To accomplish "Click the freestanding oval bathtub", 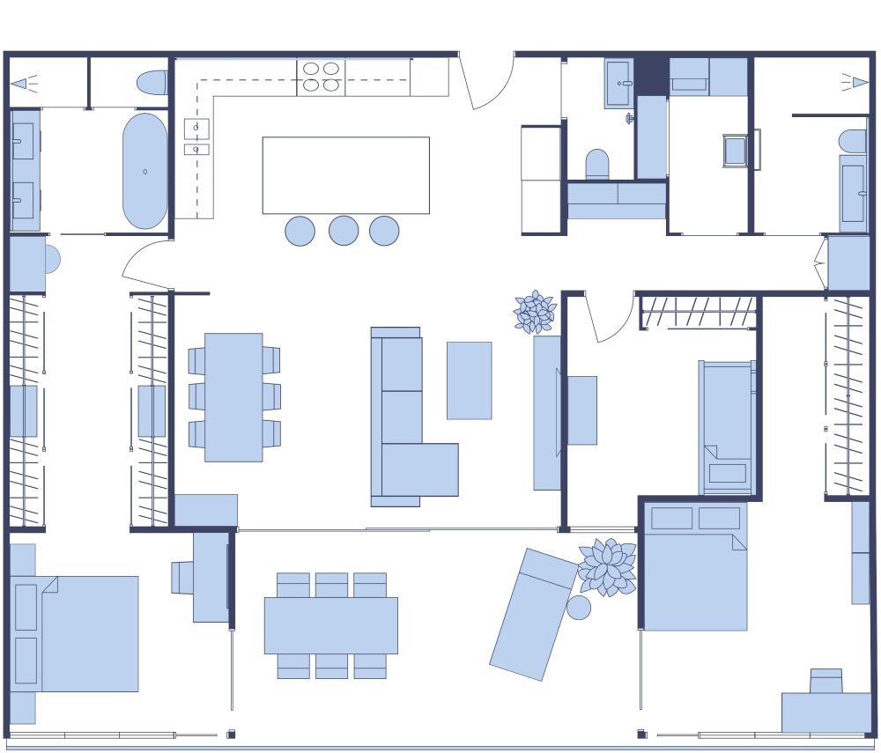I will pyautogui.click(x=144, y=171).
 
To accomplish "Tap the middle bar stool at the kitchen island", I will pyautogui.click(x=344, y=231).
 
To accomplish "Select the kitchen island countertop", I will pyautogui.click(x=345, y=175).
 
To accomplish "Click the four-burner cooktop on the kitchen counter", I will pyautogui.click(x=321, y=77).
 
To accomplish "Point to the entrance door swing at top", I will pyautogui.click(x=487, y=84).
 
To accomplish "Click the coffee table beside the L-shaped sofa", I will pyautogui.click(x=469, y=380).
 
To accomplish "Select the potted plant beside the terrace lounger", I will pyautogui.click(x=607, y=566).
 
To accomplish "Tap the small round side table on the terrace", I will pyautogui.click(x=579, y=608).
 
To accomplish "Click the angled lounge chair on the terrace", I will pyautogui.click(x=535, y=614).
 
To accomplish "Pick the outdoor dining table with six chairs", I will pyautogui.click(x=330, y=625).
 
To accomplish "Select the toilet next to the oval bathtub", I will pyautogui.click(x=152, y=82).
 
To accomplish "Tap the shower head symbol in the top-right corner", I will pyautogui.click(x=856, y=83).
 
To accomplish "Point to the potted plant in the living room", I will pyautogui.click(x=535, y=313).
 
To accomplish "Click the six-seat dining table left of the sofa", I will pyautogui.click(x=233, y=396).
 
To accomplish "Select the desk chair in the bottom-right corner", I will pyautogui.click(x=825, y=681).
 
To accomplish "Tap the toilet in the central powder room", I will pyautogui.click(x=597, y=164).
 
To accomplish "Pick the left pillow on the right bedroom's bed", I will pyautogui.click(x=671, y=518).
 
